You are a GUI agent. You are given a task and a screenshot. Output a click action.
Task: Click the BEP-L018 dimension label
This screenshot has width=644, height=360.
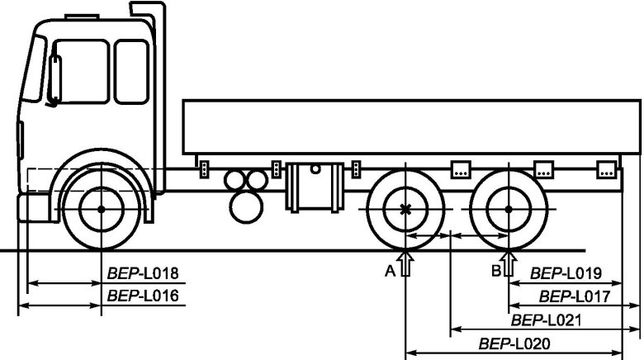143,273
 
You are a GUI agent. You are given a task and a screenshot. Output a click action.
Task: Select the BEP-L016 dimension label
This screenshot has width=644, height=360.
143,296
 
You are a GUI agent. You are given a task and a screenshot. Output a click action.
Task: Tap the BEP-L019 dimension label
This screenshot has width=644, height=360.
566,273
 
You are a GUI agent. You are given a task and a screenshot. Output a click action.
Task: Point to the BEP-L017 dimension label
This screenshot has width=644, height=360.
575,296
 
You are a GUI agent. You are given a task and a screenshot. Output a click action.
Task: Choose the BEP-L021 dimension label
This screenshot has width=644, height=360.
547,320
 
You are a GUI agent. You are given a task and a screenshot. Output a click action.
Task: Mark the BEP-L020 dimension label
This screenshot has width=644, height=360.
514,343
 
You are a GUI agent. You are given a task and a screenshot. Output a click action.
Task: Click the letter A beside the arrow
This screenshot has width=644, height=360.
391,271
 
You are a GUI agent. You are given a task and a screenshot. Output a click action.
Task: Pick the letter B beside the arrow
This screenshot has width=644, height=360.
496,271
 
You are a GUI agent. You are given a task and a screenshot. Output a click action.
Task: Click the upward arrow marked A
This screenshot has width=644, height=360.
405,263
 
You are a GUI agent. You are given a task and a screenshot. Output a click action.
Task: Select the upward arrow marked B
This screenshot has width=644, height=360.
509,263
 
